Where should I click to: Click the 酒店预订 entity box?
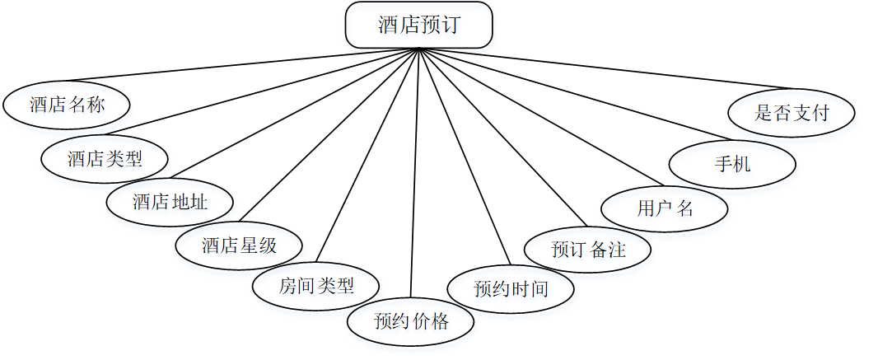[x=418, y=25]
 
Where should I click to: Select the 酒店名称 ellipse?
[x=67, y=105]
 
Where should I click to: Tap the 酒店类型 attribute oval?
[x=105, y=158]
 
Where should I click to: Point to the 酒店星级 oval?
[x=239, y=245]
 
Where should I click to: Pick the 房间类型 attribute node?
[x=316, y=287]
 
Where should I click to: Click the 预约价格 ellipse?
[x=410, y=321]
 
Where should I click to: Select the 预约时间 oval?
[x=511, y=288]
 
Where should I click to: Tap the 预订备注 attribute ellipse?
[x=588, y=249]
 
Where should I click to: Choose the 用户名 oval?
[x=665, y=208]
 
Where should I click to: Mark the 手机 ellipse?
[x=732, y=163]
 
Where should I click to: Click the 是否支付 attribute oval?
[x=792, y=113]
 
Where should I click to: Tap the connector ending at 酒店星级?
[x=329, y=136]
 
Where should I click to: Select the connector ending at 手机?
[x=577, y=95]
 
